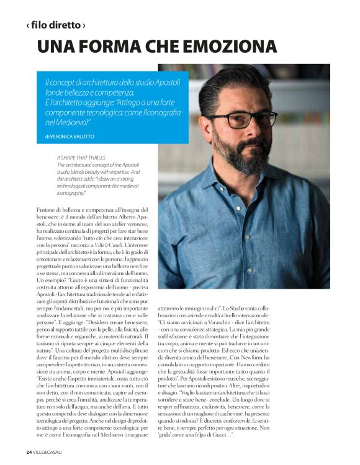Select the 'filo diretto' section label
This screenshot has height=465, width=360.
(55, 25)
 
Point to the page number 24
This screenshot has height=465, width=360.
(29, 451)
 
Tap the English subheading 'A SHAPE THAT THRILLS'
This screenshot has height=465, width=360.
(79, 158)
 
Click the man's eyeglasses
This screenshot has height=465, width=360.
(251, 119)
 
